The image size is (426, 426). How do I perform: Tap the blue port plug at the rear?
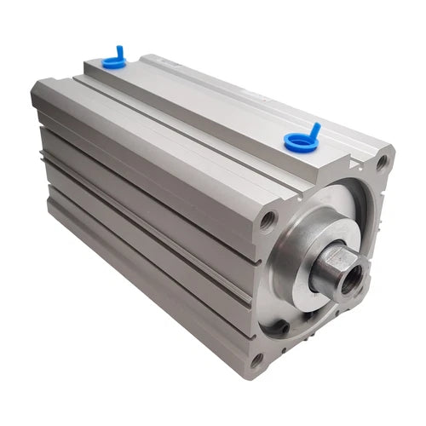click(x=112, y=60)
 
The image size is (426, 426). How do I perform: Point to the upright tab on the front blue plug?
click(x=314, y=129)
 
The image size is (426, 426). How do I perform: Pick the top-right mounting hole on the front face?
click(x=381, y=163)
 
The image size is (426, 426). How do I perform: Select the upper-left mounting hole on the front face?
click(x=267, y=224)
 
